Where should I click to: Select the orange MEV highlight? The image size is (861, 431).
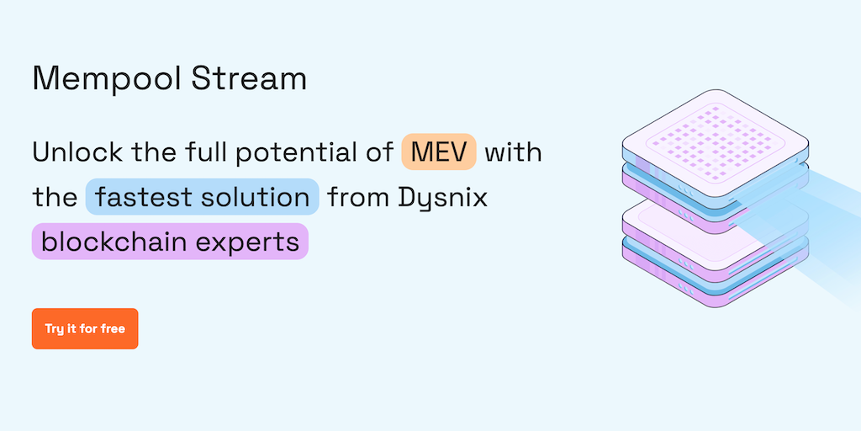coord(439,152)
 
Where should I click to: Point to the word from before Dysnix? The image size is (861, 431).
coord(357,198)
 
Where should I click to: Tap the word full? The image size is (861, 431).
coord(209,152)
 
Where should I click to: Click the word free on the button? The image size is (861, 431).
coord(113,328)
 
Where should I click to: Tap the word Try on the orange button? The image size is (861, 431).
coord(55,328)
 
